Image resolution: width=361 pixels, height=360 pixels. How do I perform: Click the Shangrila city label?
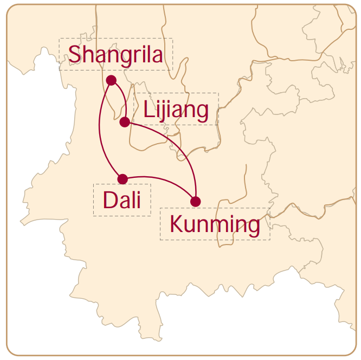tap(115, 54)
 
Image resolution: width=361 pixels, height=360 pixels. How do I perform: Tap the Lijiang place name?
tap(176, 110)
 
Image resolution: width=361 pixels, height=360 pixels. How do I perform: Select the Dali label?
tap(122, 201)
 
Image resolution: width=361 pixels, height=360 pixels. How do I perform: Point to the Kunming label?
tap(215, 224)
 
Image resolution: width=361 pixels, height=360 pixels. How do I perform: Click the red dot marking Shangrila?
tap(112, 80)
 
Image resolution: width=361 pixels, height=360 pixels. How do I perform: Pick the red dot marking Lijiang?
tap(125, 121)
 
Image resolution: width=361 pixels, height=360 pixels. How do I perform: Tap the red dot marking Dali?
tap(123, 179)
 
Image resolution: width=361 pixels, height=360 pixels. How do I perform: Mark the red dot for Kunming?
tap(196, 202)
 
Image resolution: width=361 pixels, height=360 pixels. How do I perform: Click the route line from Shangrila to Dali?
tap(100, 130)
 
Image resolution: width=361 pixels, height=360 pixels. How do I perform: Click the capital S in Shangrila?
tap(75, 54)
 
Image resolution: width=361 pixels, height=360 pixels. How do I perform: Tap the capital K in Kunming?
tap(176, 223)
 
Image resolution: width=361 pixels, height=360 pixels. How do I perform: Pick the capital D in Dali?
tap(109, 201)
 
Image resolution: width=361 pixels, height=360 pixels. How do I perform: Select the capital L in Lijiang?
tap(149, 110)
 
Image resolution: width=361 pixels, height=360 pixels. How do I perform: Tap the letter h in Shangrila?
tap(89, 54)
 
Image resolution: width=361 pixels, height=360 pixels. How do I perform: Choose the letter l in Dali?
tap(133, 200)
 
